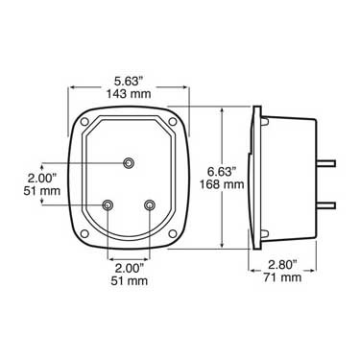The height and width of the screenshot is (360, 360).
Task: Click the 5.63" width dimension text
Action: [129, 82]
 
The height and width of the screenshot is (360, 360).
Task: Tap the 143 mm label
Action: [129, 94]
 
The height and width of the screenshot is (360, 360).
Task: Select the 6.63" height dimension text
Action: [222, 172]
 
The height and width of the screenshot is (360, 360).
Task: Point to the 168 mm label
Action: [222, 184]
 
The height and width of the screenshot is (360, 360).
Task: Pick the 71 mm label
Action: [282, 277]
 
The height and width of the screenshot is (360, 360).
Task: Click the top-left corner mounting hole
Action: [84, 122]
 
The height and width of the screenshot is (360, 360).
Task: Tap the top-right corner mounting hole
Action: [173, 122]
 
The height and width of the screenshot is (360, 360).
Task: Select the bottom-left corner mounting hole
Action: [84, 233]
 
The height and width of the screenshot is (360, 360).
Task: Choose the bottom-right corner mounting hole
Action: [173, 233]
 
